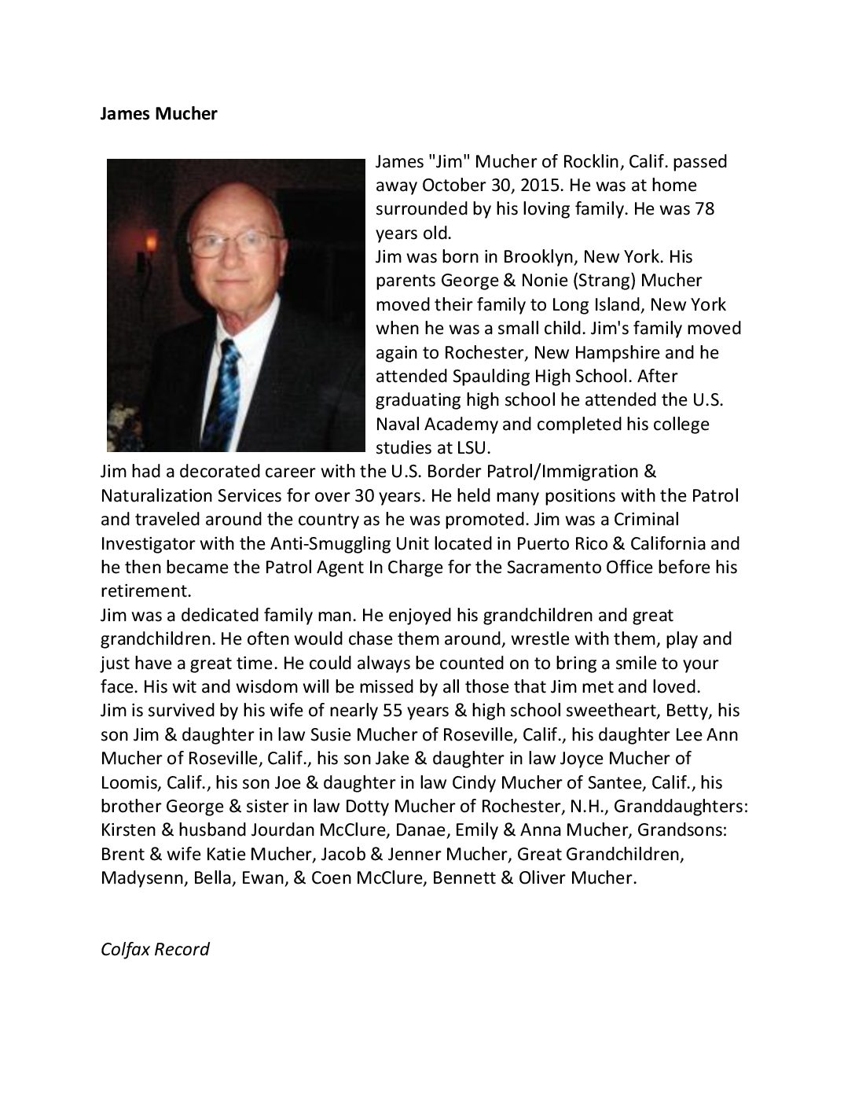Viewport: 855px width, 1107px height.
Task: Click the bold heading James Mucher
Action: (159, 114)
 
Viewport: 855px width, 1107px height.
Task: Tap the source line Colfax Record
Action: (155, 948)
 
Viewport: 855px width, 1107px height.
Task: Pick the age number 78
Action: (699, 209)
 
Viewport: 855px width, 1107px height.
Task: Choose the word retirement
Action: (146, 590)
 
